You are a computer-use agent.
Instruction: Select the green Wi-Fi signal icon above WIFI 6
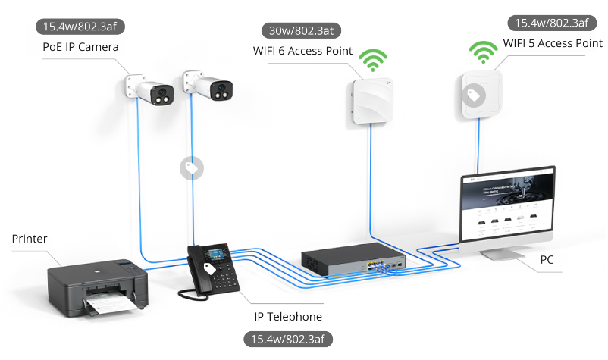(x=372, y=60)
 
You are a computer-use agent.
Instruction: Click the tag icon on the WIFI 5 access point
(x=475, y=95)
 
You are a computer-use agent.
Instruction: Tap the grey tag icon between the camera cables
(x=190, y=168)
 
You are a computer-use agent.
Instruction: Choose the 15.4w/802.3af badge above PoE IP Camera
(x=80, y=27)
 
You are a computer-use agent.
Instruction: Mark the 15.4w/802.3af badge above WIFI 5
(x=551, y=23)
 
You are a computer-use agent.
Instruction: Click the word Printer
(x=30, y=239)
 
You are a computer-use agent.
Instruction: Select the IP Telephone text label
(x=288, y=317)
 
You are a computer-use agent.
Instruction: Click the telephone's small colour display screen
(x=215, y=252)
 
